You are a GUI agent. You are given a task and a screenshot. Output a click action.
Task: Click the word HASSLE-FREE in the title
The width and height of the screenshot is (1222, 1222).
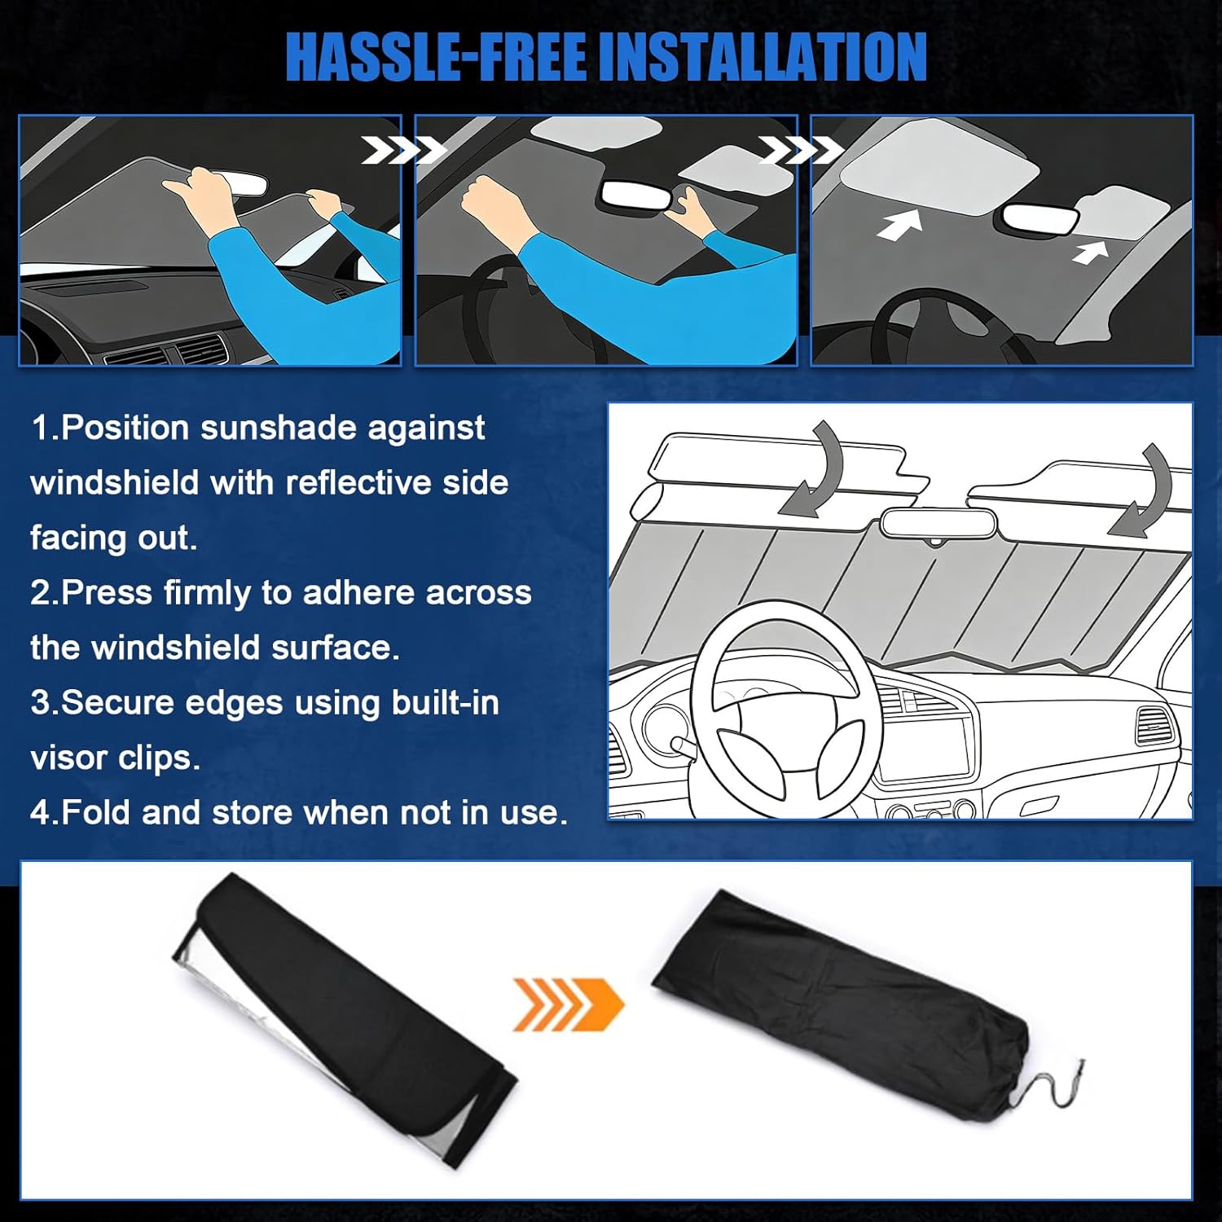point(437,57)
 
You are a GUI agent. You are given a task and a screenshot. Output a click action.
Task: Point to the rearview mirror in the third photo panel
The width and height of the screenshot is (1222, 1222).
point(1040,218)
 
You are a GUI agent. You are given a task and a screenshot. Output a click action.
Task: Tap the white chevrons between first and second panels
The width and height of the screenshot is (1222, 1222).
point(402,150)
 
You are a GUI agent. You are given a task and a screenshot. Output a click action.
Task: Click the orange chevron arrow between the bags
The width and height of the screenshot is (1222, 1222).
point(567,1004)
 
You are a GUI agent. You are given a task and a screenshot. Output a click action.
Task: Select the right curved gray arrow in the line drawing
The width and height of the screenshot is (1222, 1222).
point(1145,492)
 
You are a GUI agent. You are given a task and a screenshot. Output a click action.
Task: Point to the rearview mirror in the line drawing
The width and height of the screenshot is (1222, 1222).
point(938,523)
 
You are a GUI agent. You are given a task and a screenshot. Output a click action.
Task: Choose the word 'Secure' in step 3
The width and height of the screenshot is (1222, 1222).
point(115,702)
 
